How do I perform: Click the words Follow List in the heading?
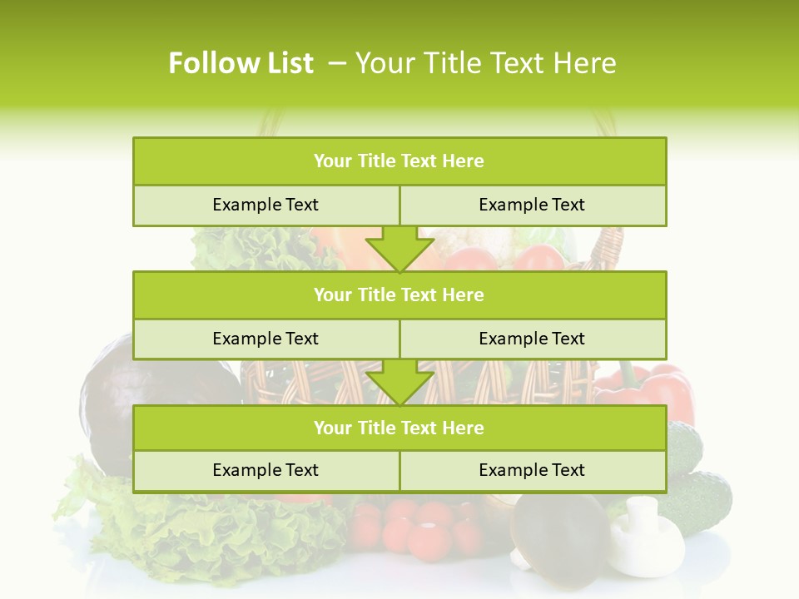click(x=241, y=63)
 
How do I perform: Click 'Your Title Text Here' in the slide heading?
click(x=486, y=63)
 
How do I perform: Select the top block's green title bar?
click(x=399, y=161)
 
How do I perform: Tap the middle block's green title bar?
click(x=399, y=295)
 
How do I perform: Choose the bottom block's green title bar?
click(x=399, y=428)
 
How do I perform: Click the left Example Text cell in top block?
click(x=266, y=205)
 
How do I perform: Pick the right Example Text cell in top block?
click(x=532, y=205)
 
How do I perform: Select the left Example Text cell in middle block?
click(x=266, y=339)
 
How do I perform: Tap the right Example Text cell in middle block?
click(x=532, y=339)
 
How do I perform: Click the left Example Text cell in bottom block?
click(x=266, y=470)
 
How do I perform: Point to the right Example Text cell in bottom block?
click(x=532, y=470)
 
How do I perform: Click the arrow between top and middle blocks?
click(x=399, y=248)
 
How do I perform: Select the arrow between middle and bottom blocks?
click(x=399, y=382)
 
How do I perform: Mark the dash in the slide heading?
click(x=337, y=63)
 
